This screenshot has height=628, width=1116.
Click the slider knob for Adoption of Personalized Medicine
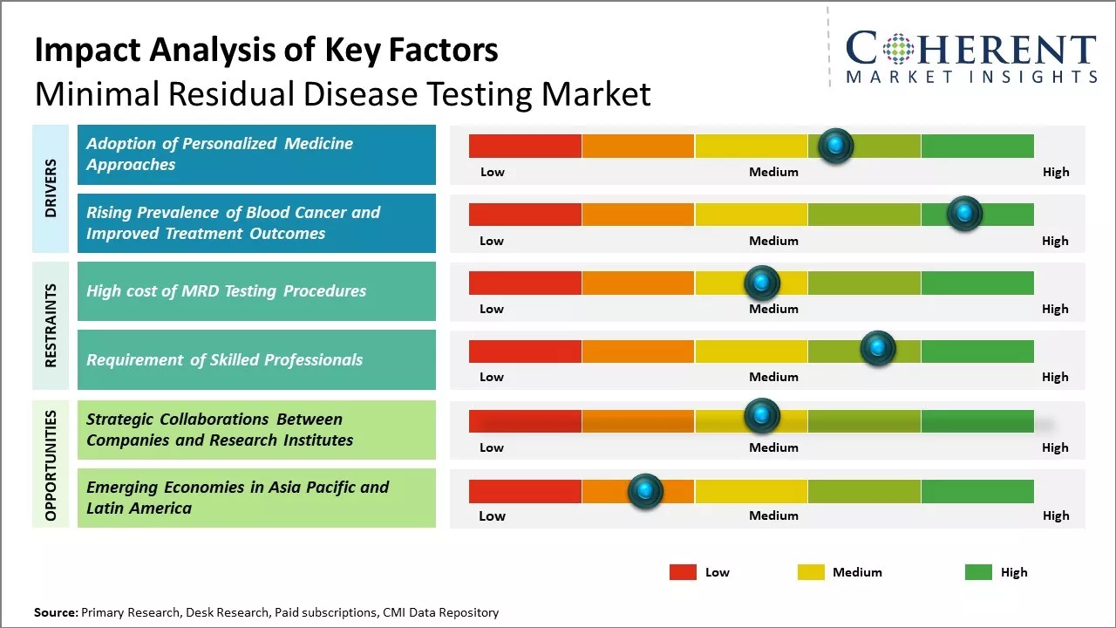pyautogui.click(x=836, y=146)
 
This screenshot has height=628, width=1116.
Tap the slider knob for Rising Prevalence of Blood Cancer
pyautogui.click(x=964, y=214)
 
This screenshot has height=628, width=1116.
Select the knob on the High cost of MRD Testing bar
pyautogui.click(x=762, y=283)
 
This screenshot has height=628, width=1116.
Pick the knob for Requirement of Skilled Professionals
pyautogui.click(x=878, y=349)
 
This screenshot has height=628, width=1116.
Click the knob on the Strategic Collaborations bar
pyautogui.click(x=762, y=416)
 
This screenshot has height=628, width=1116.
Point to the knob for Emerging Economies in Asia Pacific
pyautogui.click(x=645, y=491)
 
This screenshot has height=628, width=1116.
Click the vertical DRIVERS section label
pyautogui.click(x=51, y=188)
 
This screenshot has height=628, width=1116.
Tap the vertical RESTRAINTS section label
pyautogui.click(x=51, y=325)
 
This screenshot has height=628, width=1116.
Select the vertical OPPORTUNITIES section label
pyautogui.click(x=51, y=465)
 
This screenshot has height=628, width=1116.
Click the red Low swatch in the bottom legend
pyautogui.click(x=683, y=572)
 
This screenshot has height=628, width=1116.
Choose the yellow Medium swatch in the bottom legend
pyautogui.click(x=811, y=572)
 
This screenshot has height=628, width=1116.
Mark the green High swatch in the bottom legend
pyautogui.click(x=978, y=572)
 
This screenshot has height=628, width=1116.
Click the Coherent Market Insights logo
pyautogui.click(x=971, y=57)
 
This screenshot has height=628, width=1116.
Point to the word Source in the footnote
pyautogui.click(x=55, y=612)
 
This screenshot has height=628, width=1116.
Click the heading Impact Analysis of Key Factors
pyautogui.click(x=266, y=51)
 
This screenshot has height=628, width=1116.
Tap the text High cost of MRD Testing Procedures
pyautogui.click(x=226, y=291)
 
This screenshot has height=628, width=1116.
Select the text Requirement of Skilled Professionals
pyautogui.click(x=224, y=359)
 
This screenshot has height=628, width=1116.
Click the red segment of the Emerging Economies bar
pyautogui.click(x=525, y=491)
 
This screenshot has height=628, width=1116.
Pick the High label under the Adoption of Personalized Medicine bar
pyautogui.click(x=1056, y=172)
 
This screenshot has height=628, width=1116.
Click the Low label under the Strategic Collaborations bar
pyautogui.click(x=492, y=447)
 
